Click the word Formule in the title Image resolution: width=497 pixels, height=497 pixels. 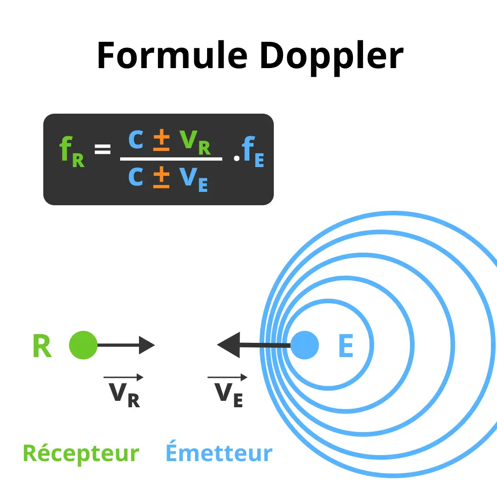173,56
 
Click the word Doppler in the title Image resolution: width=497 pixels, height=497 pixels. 331,58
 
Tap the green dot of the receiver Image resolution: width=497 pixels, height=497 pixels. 83,345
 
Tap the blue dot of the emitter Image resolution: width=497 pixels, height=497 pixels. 305,345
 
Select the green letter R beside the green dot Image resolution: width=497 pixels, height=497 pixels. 42,346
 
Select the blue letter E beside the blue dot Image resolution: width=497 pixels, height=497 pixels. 346,346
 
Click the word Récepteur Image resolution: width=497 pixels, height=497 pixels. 81,453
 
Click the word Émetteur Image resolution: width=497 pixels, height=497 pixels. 219,451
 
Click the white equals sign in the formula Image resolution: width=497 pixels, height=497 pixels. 103,149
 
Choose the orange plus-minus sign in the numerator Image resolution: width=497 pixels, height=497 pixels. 162,140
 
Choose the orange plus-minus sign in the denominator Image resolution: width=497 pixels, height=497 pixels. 162,177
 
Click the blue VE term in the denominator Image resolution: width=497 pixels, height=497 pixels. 193,180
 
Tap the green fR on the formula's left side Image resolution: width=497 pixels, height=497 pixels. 72,151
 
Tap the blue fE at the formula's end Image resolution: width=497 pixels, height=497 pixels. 253,151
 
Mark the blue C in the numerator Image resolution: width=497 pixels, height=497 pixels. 136,140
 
